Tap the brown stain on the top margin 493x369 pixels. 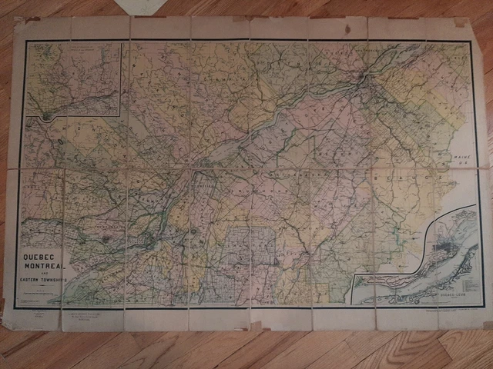34,19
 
